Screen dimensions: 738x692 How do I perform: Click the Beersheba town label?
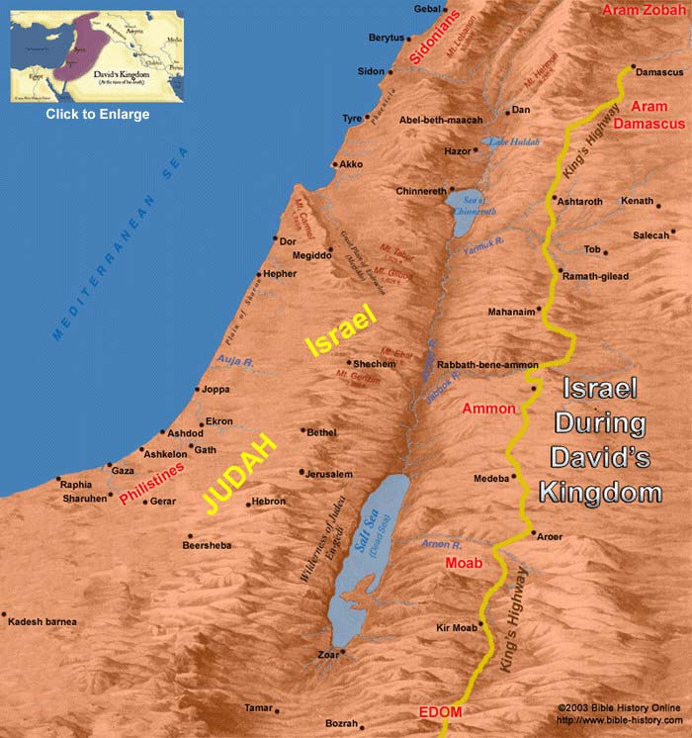tap(210, 545)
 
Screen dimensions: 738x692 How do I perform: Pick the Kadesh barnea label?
tap(41, 621)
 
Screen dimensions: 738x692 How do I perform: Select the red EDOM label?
tap(433, 712)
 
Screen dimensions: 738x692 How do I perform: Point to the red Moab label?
tap(463, 563)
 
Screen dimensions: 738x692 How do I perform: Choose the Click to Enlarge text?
tap(98, 115)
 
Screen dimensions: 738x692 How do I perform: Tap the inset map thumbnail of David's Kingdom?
tap(98, 56)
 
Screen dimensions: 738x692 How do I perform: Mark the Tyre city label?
tap(351, 118)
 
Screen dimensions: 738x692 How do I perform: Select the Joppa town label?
tap(215, 390)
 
